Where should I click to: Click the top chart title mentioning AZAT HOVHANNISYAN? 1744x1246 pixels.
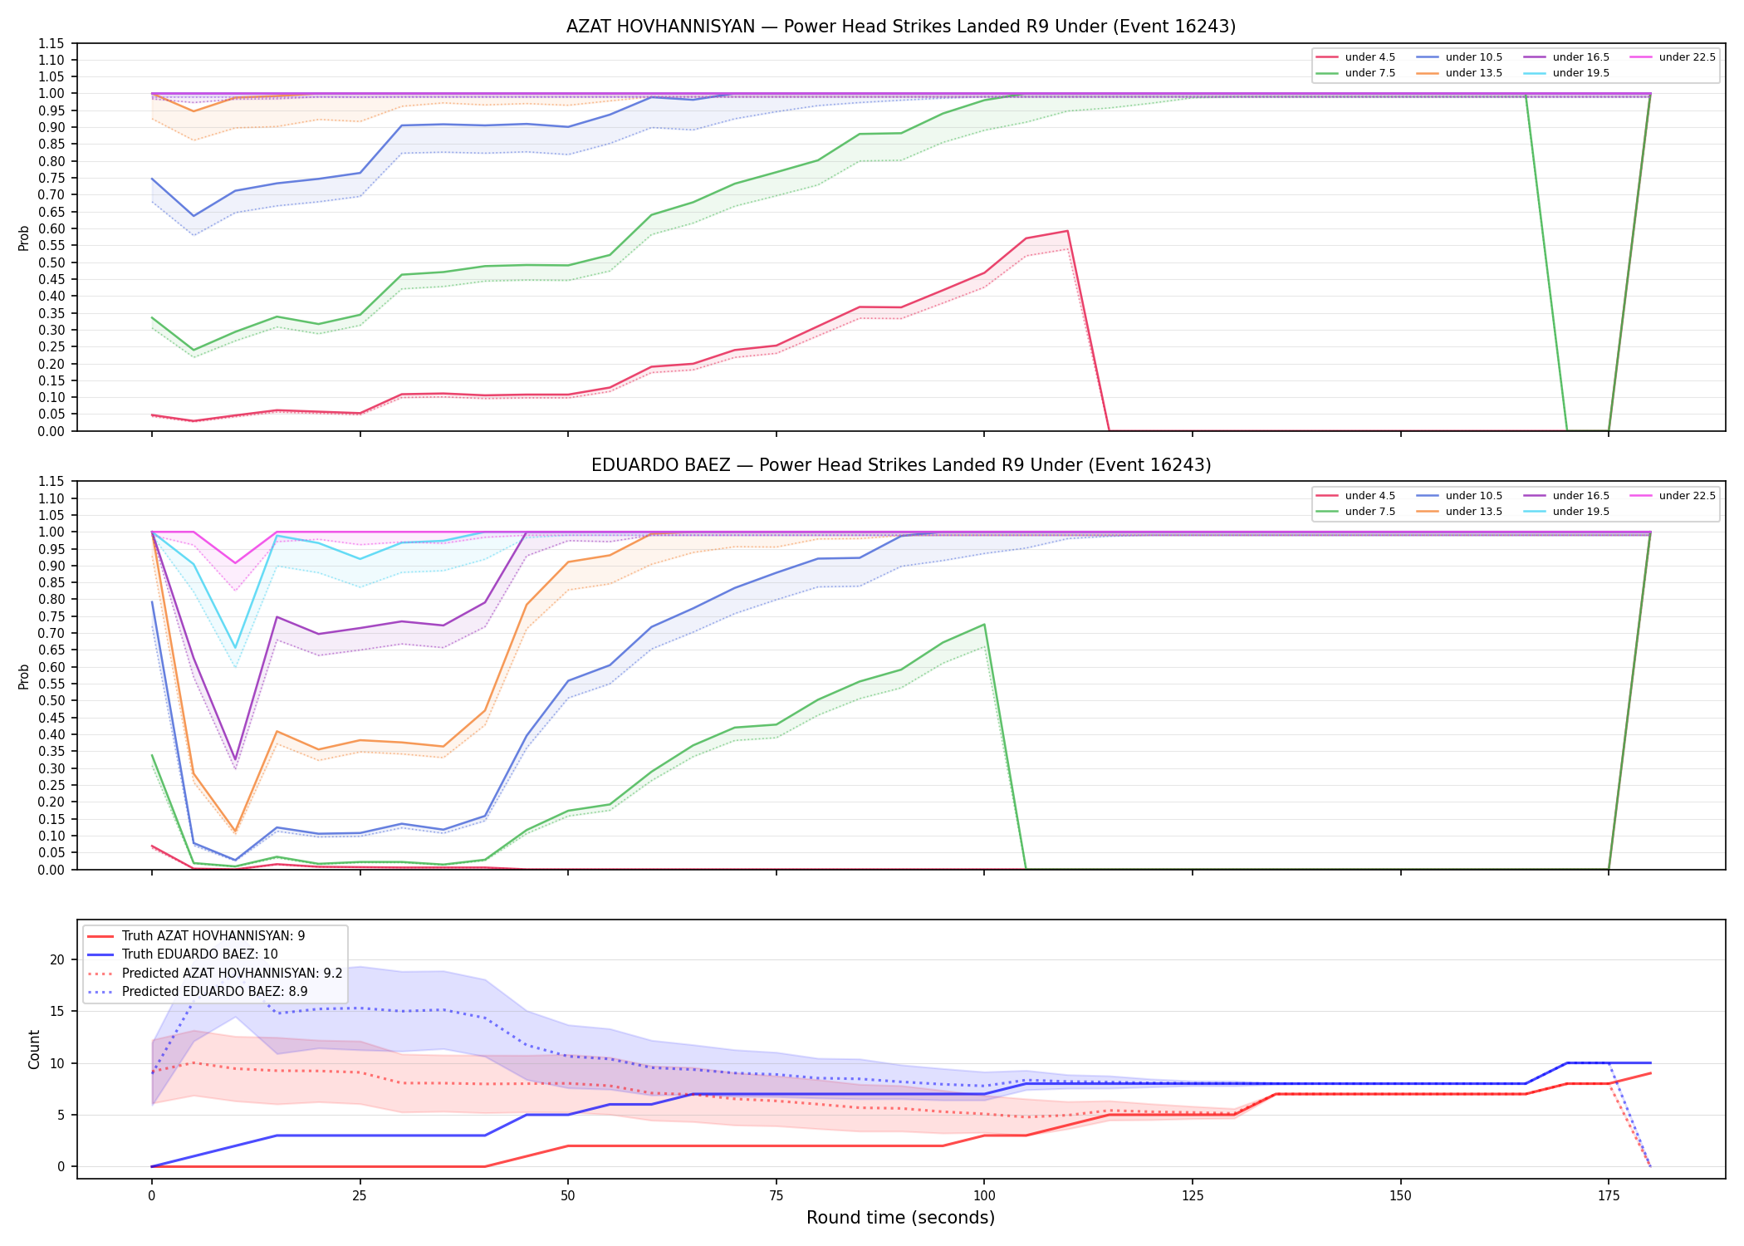coord(900,27)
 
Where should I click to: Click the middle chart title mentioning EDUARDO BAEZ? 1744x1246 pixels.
coord(900,465)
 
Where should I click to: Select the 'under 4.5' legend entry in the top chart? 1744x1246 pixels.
coord(1356,57)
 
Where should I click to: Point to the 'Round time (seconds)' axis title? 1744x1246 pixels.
coord(900,1218)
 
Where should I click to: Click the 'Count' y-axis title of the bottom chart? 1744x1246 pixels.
coord(34,1049)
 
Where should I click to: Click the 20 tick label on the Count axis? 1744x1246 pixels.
coord(57,959)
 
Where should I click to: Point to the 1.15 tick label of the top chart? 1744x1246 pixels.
coord(51,43)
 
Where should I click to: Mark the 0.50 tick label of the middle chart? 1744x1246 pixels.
coord(51,700)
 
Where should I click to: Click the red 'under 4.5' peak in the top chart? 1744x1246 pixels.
coord(1067,231)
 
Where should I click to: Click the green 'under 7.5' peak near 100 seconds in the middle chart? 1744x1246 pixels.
coord(984,625)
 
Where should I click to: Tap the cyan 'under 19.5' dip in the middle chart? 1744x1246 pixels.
coord(235,648)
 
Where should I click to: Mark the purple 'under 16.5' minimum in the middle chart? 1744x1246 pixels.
coord(235,759)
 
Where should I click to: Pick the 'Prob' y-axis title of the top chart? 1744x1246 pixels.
coord(24,238)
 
